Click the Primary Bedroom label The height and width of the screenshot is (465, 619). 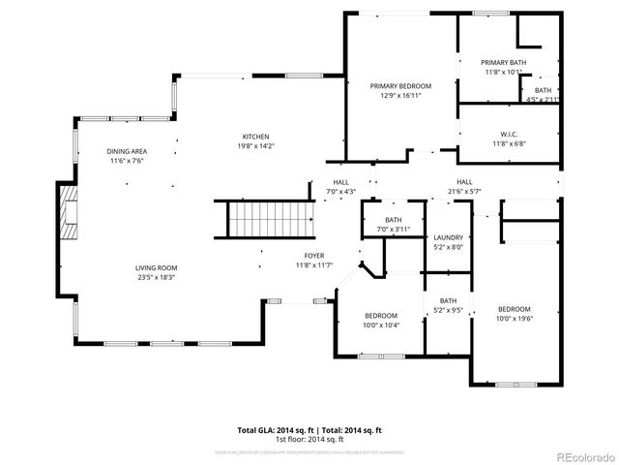400,86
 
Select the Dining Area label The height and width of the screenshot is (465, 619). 127,151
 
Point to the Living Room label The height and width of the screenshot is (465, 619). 156,268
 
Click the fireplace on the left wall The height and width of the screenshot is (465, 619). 68,212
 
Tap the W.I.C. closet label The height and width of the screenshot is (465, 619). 508,134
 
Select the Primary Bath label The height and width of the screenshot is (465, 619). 504,61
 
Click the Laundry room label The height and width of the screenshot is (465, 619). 449,237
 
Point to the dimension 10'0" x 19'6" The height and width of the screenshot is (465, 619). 515,319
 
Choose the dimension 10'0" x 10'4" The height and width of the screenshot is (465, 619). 381,325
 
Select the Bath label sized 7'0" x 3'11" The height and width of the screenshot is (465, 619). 394,220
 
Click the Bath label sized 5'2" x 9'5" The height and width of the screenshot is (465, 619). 449,301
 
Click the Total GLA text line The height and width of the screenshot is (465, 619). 309,430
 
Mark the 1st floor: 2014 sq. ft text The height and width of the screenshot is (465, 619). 309,439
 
